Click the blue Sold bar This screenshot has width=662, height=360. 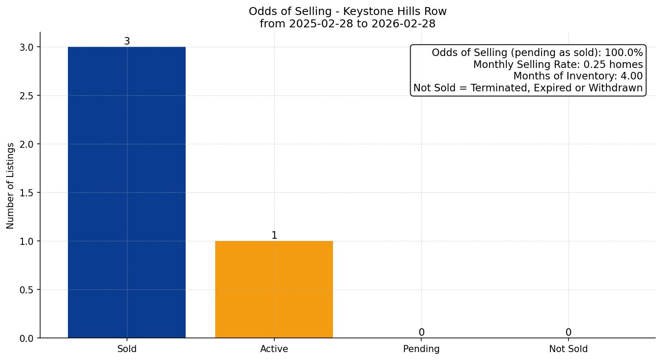point(127,192)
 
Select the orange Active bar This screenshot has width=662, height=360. point(274,289)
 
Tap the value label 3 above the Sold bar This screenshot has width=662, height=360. point(127,41)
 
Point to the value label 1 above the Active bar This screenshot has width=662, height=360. point(274,236)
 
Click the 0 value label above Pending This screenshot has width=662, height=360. point(421,333)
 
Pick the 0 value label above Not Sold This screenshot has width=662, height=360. point(568,333)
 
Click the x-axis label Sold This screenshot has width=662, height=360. point(127,349)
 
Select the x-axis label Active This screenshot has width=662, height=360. point(274,349)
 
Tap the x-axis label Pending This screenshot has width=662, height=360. point(421,349)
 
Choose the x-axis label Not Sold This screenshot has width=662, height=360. point(568,349)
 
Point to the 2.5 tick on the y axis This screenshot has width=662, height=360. point(26,96)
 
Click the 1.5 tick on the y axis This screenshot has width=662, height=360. point(26,193)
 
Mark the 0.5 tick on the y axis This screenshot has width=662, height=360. point(26,290)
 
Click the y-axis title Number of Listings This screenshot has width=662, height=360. point(11,185)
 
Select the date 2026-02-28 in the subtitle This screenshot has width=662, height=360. point(403,24)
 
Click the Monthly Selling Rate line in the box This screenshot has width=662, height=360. point(557,64)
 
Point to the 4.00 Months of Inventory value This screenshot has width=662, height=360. point(631,76)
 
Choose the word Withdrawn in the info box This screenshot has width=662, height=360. point(615,88)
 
